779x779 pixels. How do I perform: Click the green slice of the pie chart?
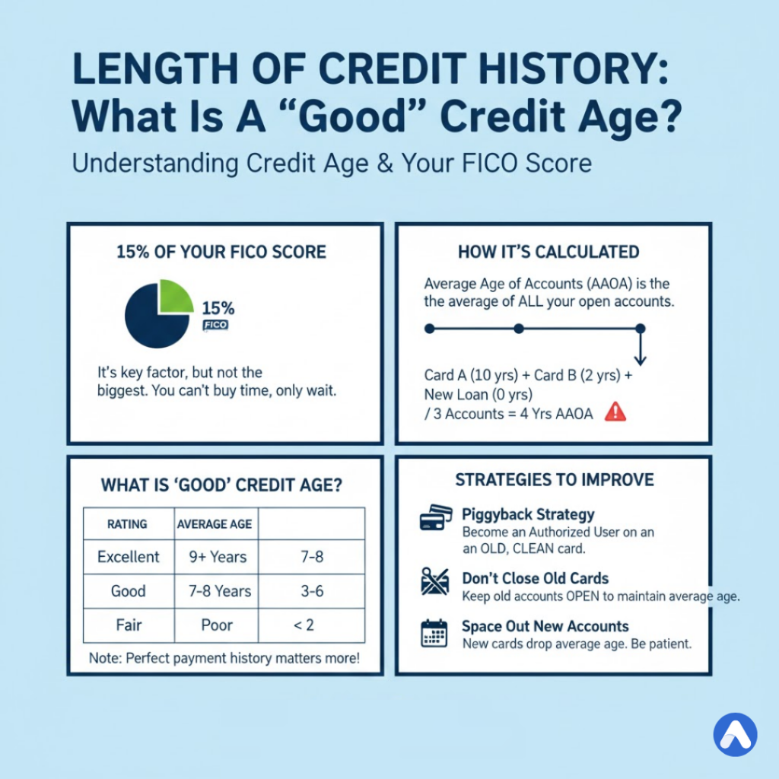pyautogui.click(x=173, y=297)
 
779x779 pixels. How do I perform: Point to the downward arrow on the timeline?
pyautogui.click(x=640, y=351)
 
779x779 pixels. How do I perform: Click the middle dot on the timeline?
pyautogui.click(x=518, y=329)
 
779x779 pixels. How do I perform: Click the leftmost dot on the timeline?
pyautogui.click(x=429, y=329)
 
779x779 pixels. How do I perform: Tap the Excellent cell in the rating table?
pyautogui.click(x=129, y=557)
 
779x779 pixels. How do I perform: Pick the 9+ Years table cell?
pyautogui.click(x=218, y=557)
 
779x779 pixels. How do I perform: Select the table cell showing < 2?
pyautogui.click(x=312, y=626)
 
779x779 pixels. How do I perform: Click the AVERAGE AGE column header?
pyautogui.click(x=214, y=524)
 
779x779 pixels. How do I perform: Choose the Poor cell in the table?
pyautogui.click(x=218, y=626)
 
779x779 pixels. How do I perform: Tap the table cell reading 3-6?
pyautogui.click(x=312, y=591)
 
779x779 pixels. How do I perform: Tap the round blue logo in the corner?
pyautogui.click(x=736, y=733)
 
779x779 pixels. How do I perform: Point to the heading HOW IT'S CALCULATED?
pyautogui.click(x=548, y=252)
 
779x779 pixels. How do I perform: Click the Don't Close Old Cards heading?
pyautogui.click(x=536, y=578)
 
